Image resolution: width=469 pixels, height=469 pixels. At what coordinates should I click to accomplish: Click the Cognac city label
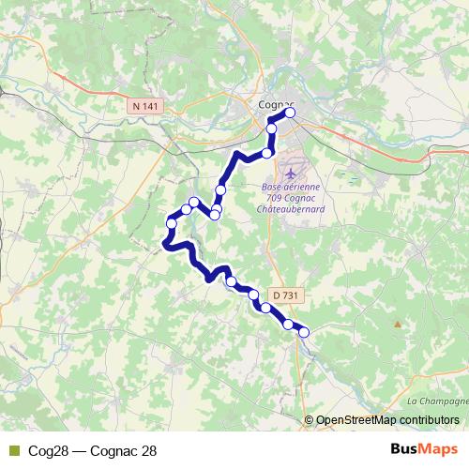[275, 104]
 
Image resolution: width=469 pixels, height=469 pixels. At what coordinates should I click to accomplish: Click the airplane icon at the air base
[289, 174]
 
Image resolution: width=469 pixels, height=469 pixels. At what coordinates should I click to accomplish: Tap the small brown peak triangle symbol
[398, 325]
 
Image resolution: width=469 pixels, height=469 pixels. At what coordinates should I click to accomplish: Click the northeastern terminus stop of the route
[290, 113]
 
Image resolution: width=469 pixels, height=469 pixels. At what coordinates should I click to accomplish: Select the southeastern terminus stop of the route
[303, 332]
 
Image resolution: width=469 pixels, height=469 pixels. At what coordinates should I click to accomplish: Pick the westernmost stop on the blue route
[171, 222]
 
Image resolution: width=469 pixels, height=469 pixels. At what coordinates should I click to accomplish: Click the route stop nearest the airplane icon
[267, 152]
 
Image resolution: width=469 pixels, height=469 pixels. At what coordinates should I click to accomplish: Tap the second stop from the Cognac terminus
[272, 127]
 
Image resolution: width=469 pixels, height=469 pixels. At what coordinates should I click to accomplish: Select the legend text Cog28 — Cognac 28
[93, 450]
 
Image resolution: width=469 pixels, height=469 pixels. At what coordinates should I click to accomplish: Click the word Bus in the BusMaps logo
[404, 449]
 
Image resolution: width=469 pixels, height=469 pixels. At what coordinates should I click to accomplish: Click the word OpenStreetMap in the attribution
[356, 419]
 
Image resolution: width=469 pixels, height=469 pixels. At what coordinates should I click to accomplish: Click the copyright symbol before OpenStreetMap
[309, 419]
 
